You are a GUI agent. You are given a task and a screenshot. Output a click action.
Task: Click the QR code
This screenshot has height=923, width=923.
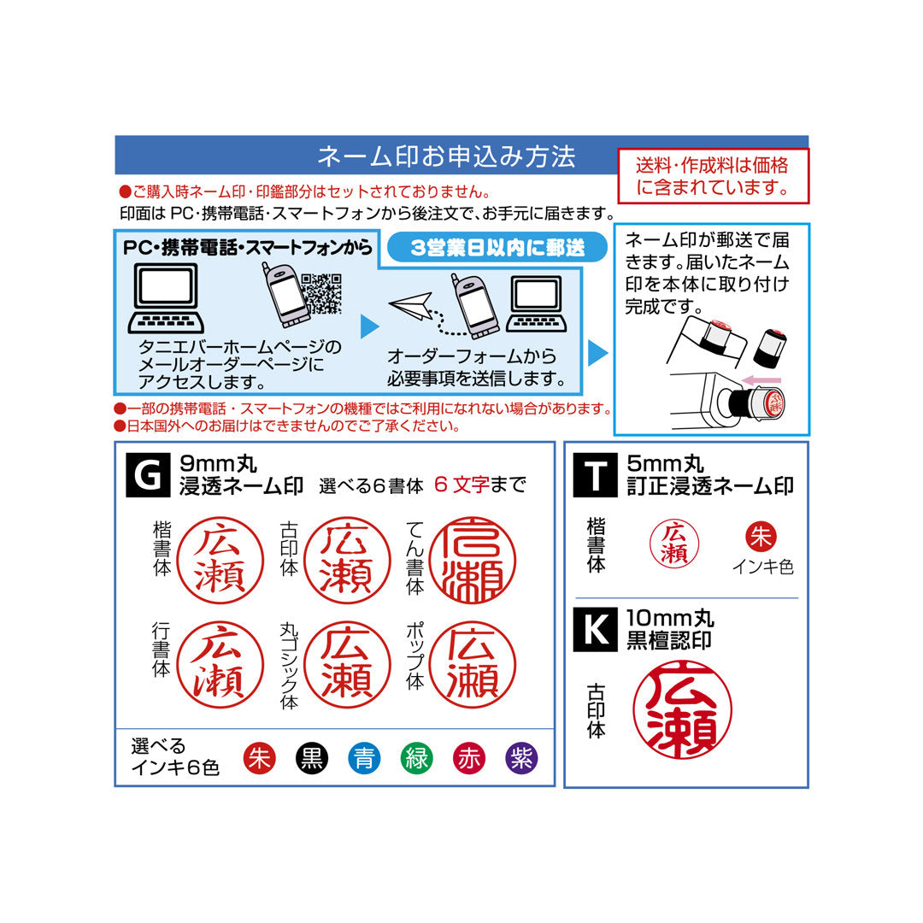[322, 293]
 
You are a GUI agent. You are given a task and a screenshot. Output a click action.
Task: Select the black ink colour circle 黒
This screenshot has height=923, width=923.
[312, 758]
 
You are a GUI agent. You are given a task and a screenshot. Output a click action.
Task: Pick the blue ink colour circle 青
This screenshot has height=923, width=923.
[364, 758]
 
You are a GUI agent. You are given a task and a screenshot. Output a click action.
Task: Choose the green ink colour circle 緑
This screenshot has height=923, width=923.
[416, 758]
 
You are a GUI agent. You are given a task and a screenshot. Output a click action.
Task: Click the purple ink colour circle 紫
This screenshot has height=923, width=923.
[521, 758]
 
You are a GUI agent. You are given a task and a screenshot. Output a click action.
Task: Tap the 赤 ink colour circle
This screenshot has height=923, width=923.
[469, 758]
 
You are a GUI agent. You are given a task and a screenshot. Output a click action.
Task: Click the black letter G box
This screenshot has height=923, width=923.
[148, 475]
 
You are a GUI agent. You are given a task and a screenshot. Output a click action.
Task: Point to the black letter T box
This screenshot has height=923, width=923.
[595, 475]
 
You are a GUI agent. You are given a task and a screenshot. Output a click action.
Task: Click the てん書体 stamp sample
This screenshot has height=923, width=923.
[473, 560]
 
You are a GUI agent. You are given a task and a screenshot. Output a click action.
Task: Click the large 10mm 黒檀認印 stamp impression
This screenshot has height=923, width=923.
[682, 710]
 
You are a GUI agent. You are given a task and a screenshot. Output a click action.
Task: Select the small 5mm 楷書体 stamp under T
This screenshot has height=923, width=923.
[674, 544]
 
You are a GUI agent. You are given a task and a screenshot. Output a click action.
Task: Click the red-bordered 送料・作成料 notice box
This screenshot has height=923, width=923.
[713, 176]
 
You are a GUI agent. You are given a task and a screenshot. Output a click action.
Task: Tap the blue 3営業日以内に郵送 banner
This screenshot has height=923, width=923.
[497, 248]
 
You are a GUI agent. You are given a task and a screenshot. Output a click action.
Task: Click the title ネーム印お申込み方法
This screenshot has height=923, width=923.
[446, 156]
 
